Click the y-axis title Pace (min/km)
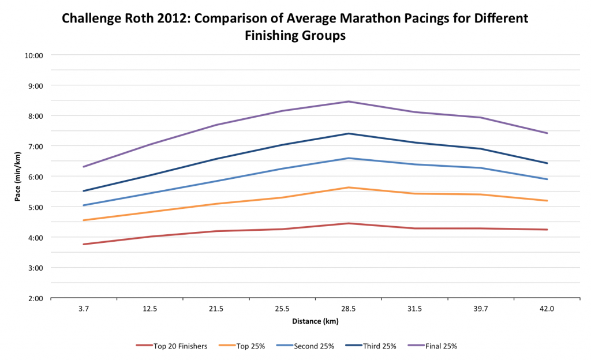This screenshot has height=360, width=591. pos(18,176)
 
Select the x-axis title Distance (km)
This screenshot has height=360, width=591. pos(315,321)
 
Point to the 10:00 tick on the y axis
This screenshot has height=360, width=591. pos(35,55)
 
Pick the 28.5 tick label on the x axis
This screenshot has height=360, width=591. pos(348,309)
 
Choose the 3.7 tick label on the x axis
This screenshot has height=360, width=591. pos(84,309)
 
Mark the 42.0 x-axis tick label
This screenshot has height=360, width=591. pos(547,309)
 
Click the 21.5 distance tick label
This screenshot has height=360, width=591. pos(216,309)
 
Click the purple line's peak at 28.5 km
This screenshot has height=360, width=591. pos(348,102)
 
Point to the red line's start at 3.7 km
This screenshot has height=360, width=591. pos(84,244)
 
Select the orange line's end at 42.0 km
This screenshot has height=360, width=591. pos(547,201)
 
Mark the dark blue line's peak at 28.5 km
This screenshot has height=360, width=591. pos(348,133)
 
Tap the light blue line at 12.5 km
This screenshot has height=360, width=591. pos(150,193)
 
